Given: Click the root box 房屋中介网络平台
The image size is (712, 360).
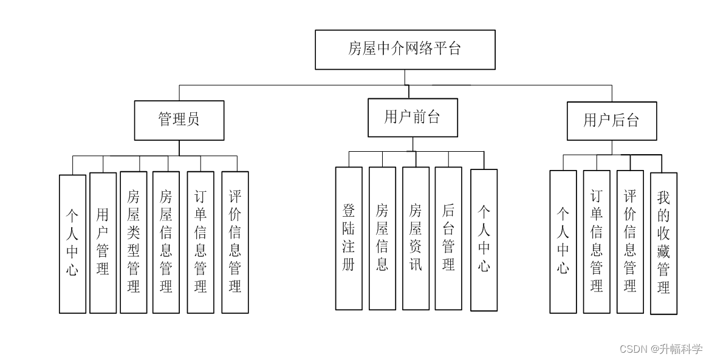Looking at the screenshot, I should point(405,49).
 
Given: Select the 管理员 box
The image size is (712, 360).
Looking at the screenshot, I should point(179,120).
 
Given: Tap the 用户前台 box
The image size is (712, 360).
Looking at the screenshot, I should point(412,117).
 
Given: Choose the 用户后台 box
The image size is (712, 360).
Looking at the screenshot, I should point(612,121).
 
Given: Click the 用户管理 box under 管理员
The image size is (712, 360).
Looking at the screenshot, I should point(103,242).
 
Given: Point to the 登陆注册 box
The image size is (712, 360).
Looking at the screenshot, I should point(349,238).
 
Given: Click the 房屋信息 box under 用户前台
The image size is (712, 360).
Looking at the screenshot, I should point(382,238).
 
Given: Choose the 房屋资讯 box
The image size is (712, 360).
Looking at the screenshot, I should point(416,238).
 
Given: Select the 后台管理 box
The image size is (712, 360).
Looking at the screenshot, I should point(448,238).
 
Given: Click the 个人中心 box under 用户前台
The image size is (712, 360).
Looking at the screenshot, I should point(484,240).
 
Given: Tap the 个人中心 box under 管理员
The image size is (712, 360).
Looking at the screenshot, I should point(72,243).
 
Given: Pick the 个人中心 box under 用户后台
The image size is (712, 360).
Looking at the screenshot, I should point(563,241).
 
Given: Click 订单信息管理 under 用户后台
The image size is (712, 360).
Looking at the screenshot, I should point(597,241).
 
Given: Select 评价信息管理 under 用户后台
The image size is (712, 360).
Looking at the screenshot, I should point(630,241).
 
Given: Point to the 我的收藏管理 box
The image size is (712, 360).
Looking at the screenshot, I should point(663,243).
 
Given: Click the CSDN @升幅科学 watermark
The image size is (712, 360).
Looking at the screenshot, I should point(661,348).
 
